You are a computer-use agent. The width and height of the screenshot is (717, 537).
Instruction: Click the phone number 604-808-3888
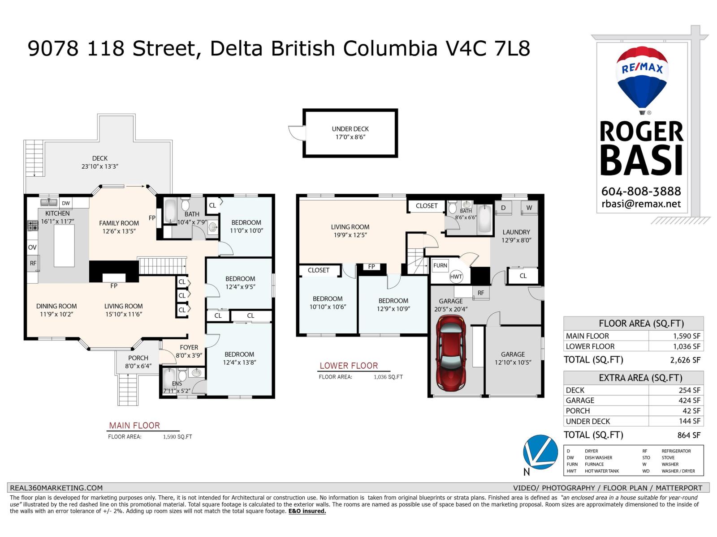(641, 191)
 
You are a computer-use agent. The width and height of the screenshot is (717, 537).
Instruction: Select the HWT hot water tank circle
(456, 277)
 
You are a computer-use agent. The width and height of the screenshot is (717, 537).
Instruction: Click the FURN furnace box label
(440, 265)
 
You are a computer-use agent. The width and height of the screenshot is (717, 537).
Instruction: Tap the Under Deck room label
(350, 133)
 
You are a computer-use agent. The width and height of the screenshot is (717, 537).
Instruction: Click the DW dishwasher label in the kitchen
(66, 203)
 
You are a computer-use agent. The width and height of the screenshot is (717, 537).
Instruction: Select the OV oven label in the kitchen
(32, 247)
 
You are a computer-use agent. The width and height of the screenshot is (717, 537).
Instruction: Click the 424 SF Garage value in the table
(689, 401)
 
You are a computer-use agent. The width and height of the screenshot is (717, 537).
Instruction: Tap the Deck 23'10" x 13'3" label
(99, 162)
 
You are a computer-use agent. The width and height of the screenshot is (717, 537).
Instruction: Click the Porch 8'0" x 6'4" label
(138, 362)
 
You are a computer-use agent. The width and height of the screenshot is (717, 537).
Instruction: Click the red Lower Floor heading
(349, 366)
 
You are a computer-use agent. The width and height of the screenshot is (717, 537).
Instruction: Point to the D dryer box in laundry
(503, 208)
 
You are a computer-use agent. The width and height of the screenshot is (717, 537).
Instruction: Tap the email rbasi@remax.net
(641, 204)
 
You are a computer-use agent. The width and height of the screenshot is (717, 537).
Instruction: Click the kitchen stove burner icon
(33, 226)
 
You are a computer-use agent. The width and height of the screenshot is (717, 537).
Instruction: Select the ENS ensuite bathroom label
(177, 384)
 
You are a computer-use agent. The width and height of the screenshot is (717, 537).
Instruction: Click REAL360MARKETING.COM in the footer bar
(56, 488)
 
